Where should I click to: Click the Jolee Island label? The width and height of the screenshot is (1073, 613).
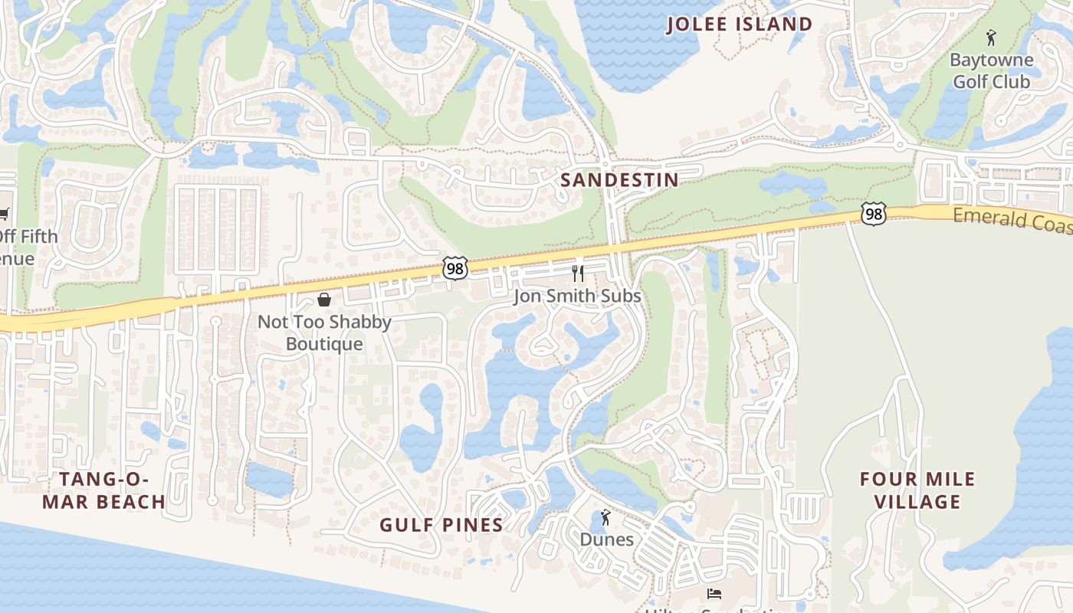tap(739, 24)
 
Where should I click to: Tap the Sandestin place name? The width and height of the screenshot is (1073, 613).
tap(619, 180)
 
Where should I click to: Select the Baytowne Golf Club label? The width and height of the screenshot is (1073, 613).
tap(991, 70)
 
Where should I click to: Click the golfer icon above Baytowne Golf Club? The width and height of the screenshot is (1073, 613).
tap(991, 37)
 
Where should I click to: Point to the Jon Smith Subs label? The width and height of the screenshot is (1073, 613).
tap(577, 296)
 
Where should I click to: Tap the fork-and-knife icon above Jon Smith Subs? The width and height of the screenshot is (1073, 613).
tap(578, 274)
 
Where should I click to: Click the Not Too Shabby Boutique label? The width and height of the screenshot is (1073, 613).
tap(324, 333)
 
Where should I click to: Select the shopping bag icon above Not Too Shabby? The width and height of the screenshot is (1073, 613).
tap(324, 299)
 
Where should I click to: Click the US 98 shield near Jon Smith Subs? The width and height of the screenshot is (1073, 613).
tap(454, 268)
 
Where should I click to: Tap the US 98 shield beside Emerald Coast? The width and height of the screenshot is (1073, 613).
tap(874, 215)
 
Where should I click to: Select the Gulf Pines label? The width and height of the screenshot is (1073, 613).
tap(441, 525)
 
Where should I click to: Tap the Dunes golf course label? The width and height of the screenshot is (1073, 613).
tap(606, 539)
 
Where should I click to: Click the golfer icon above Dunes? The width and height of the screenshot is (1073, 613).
tap(605, 517)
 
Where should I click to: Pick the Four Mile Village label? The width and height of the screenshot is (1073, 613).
tap(917, 490)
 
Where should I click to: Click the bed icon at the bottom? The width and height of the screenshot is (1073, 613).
tap(714, 594)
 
